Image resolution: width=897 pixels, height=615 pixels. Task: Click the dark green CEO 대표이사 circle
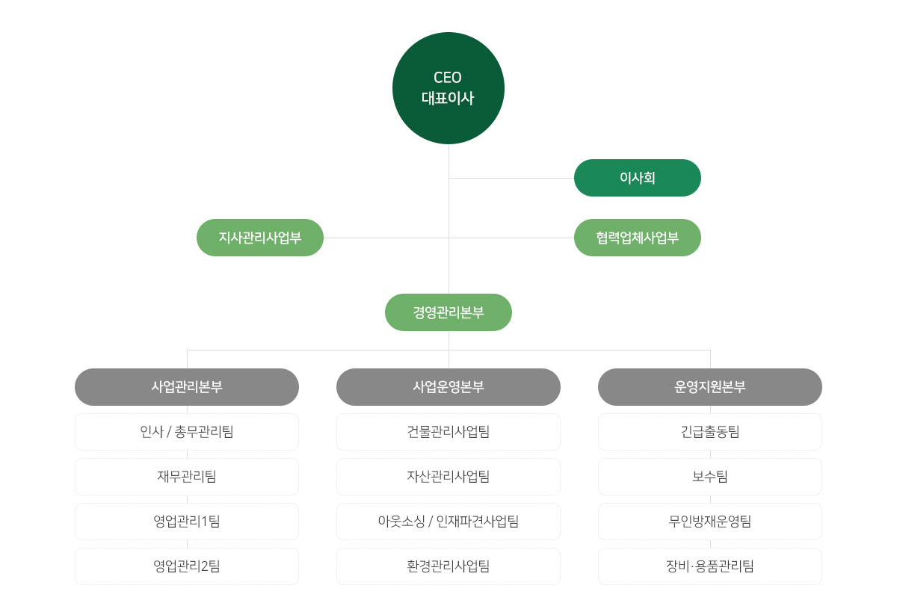[448, 88]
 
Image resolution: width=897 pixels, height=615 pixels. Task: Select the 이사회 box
[637, 178]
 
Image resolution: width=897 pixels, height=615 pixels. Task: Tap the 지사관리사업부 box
[260, 238]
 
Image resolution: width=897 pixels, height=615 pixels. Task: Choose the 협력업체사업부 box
[637, 238]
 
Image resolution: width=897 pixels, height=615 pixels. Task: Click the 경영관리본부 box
[448, 312]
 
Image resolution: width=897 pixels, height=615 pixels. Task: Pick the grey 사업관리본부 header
[187, 387]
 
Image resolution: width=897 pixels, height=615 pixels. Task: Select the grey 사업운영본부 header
[448, 387]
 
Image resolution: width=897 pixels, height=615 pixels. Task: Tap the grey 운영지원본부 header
[710, 387]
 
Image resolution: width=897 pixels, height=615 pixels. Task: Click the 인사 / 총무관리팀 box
[187, 432]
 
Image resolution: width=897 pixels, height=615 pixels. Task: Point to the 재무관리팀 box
[187, 477]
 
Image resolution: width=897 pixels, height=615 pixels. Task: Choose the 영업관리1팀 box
[187, 522]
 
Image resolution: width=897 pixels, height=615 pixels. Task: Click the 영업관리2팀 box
[187, 566]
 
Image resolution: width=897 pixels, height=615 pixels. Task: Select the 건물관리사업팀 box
[448, 432]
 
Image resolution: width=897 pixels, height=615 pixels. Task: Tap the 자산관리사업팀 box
[448, 477]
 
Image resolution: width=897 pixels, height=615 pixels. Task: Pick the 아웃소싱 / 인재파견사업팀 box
[448, 522]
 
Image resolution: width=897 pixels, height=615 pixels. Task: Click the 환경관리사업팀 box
[448, 566]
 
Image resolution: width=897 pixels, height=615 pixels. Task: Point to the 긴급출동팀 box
[710, 432]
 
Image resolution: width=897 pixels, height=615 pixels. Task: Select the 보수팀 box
[710, 477]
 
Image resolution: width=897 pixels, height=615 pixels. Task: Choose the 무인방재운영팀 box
[710, 522]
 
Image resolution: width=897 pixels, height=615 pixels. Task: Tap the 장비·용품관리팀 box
[710, 566]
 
